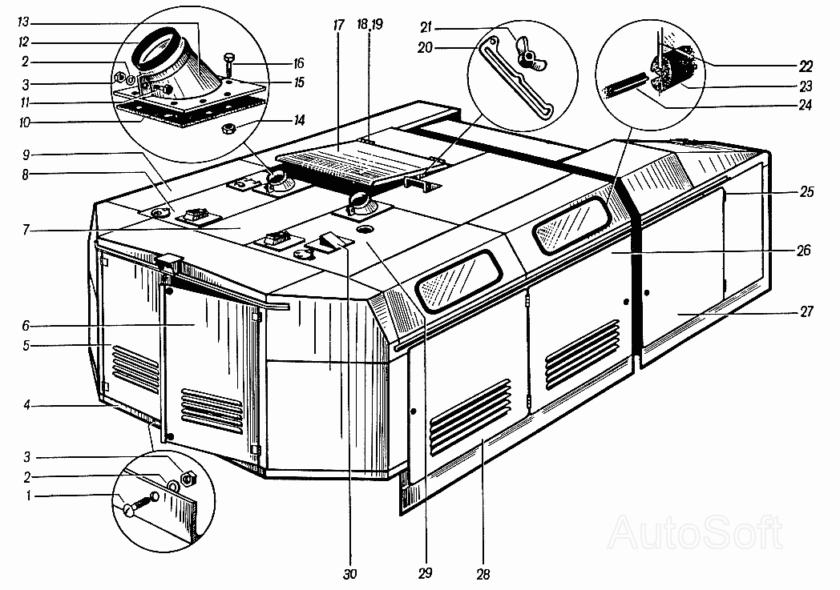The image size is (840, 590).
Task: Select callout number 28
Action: tap(483, 573)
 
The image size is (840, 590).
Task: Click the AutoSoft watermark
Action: tap(696, 530)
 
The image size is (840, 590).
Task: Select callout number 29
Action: tap(425, 573)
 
